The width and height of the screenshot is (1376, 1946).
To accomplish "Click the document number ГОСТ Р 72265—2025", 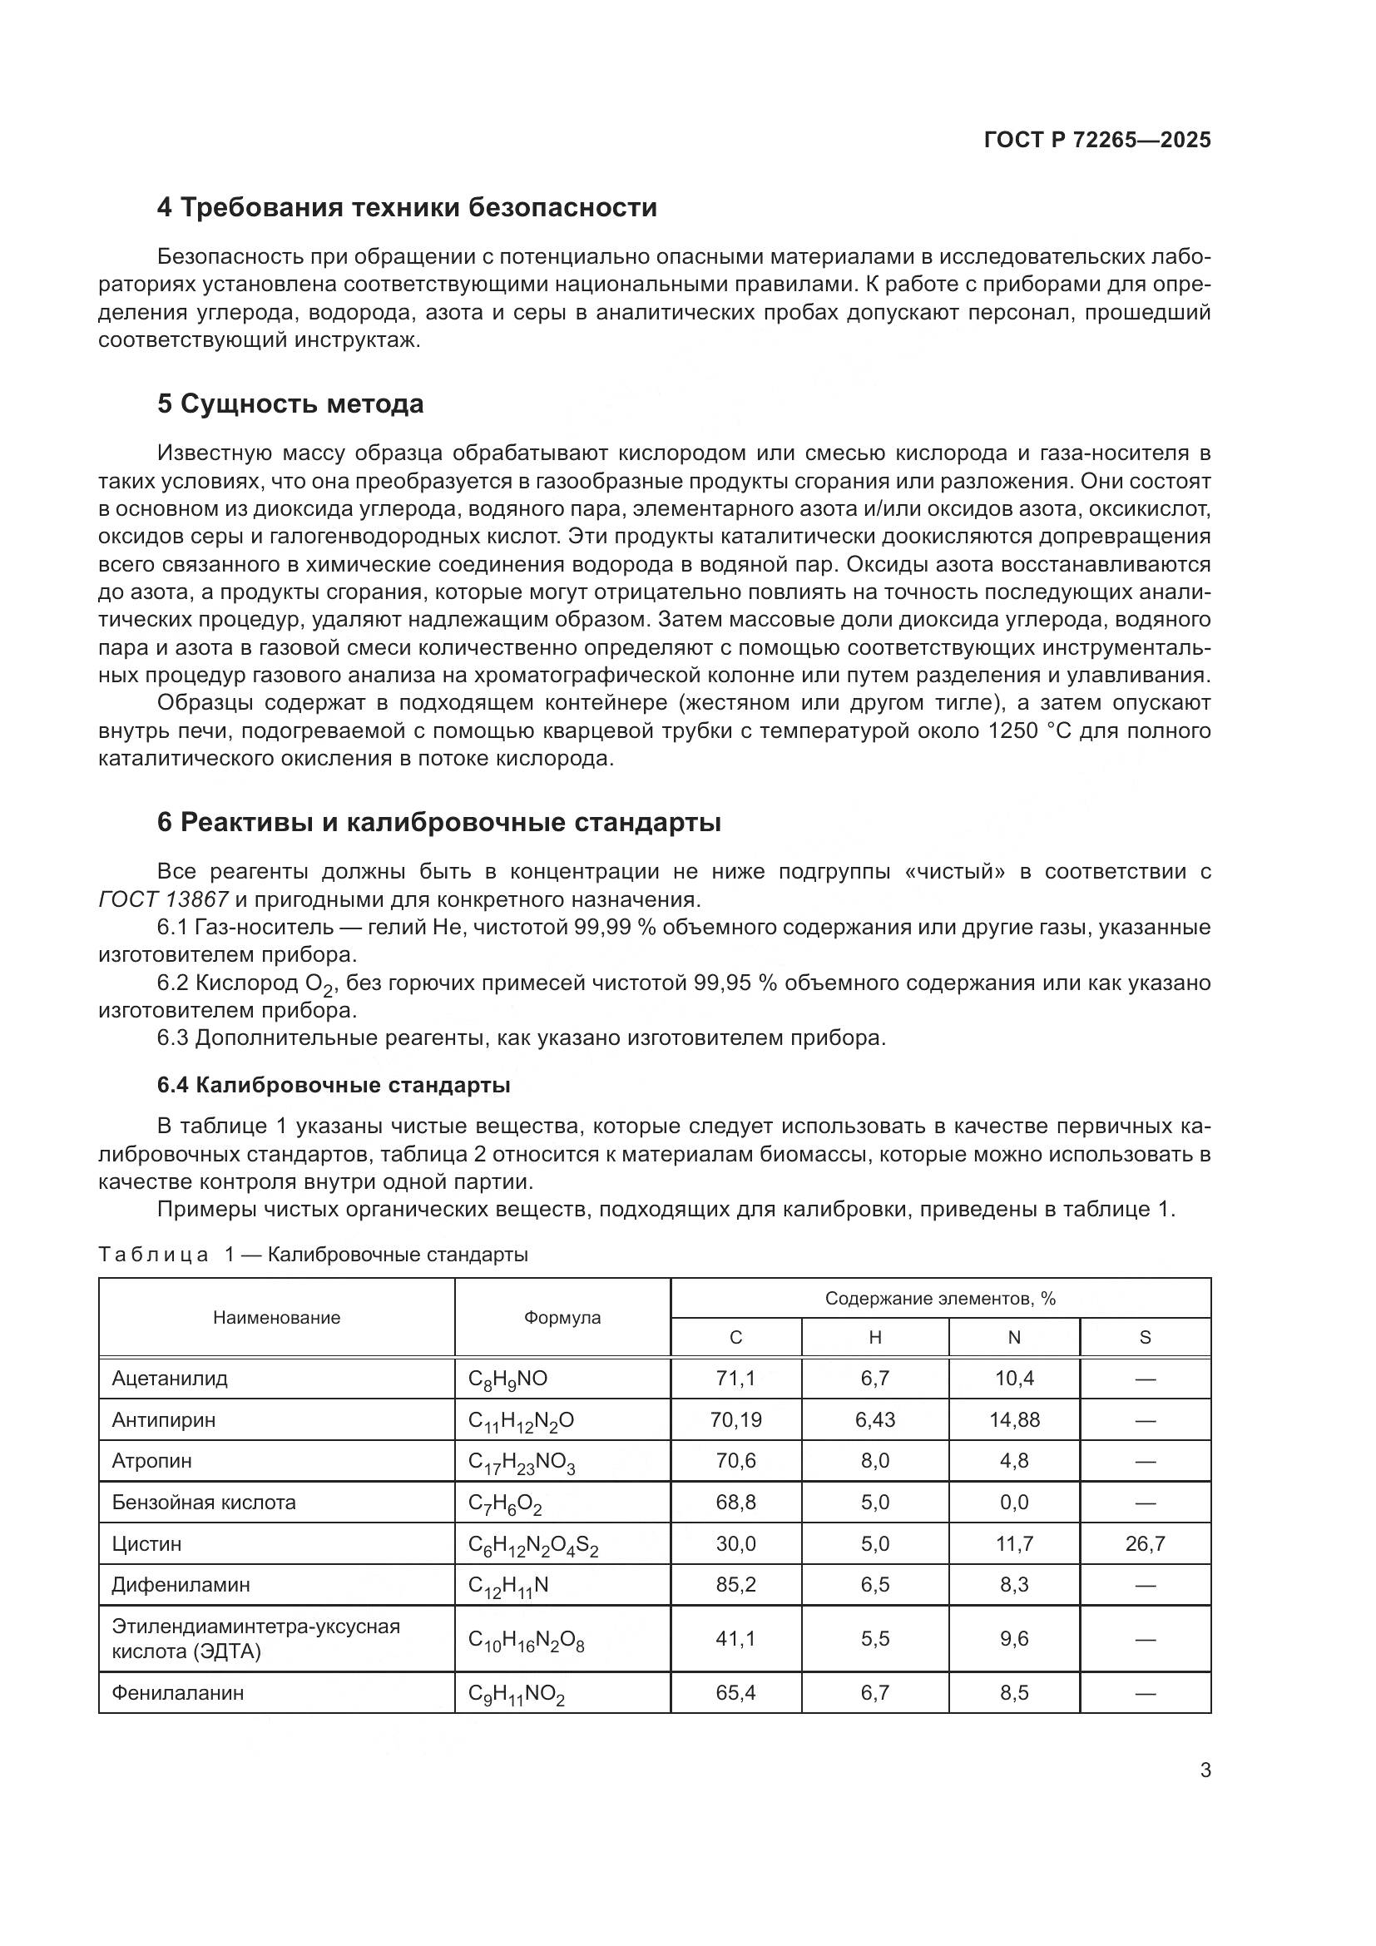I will click(x=1097, y=140).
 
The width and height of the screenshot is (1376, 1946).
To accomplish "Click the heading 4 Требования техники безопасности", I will click(x=407, y=208).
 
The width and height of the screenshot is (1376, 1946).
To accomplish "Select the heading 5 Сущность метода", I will click(x=290, y=404).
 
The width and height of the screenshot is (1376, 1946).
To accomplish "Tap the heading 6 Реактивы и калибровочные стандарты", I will click(x=439, y=822).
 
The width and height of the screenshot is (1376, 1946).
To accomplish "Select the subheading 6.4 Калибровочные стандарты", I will click(x=333, y=1085).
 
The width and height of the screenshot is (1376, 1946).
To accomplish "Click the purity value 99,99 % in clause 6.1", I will click(x=615, y=927).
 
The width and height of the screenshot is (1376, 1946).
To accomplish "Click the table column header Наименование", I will click(x=276, y=1317).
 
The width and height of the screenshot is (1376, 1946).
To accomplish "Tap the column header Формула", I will click(x=562, y=1317).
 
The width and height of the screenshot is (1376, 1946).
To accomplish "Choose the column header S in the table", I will click(x=1145, y=1338).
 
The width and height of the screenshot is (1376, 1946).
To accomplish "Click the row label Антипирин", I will click(x=164, y=1419).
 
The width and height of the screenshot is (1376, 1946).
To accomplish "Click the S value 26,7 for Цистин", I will click(x=1145, y=1544).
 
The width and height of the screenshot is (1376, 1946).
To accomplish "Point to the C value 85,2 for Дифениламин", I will click(x=735, y=1585).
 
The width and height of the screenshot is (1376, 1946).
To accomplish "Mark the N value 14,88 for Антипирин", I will click(x=1014, y=1419).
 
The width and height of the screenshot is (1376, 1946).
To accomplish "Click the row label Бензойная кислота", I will click(x=203, y=1503).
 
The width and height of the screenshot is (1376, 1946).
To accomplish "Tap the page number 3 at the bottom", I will click(x=1205, y=1770).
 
